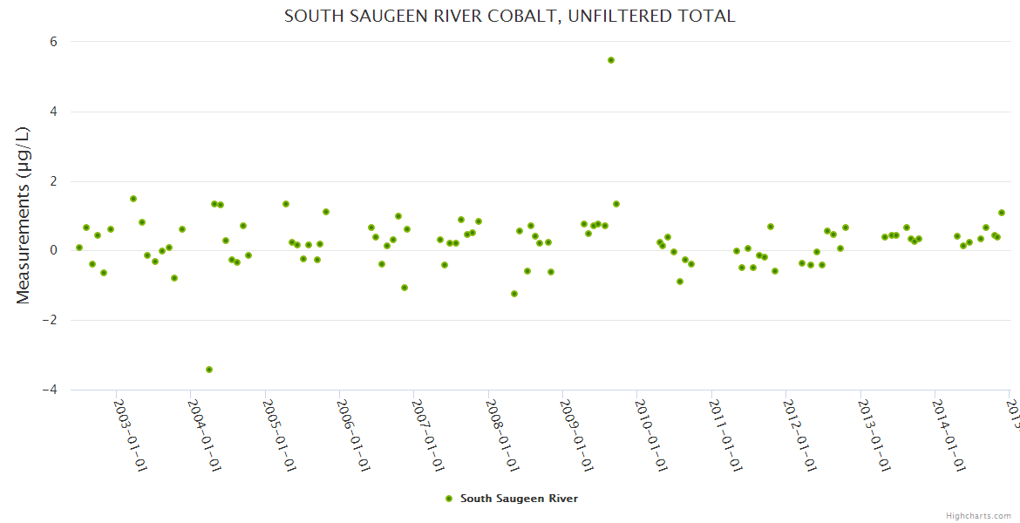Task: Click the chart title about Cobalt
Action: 509,17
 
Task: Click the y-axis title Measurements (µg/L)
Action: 24,215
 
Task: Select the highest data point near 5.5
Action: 611,60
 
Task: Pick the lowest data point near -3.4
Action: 209,370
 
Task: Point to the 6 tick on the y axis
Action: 53,42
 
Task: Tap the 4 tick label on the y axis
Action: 53,112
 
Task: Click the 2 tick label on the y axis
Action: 53,181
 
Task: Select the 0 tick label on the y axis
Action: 53,250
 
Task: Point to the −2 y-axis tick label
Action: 49,320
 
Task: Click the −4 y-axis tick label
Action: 49,390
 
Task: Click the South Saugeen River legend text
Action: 519,499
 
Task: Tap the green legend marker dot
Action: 449,499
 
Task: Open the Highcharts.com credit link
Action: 978,515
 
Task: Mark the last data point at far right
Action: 1002,213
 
